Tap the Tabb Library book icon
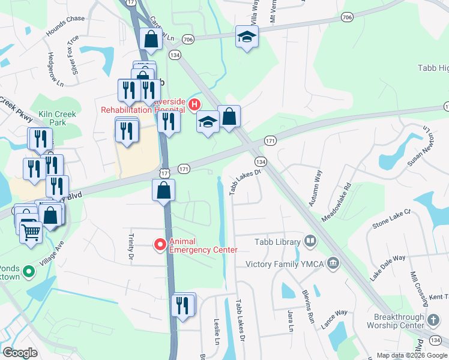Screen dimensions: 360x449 pyautogui.click(x=310, y=242)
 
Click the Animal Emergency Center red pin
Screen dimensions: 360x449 pyautogui.click(x=160, y=244)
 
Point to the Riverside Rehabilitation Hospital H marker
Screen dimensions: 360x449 pyautogui.click(x=194, y=105)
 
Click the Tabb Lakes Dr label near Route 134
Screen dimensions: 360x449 pyautogui.click(x=245, y=181)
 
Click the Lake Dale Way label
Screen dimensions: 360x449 pyautogui.click(x=388, y=266)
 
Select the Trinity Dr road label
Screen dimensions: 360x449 pyautogui.click(x=131, y=246)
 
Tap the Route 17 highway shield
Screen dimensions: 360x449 pyautogui.click(x=164, y=173)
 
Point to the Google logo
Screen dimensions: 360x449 pyautogui.click(x=20, y=353)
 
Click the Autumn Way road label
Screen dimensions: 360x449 pyautogui.click(x=315, y=188)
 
